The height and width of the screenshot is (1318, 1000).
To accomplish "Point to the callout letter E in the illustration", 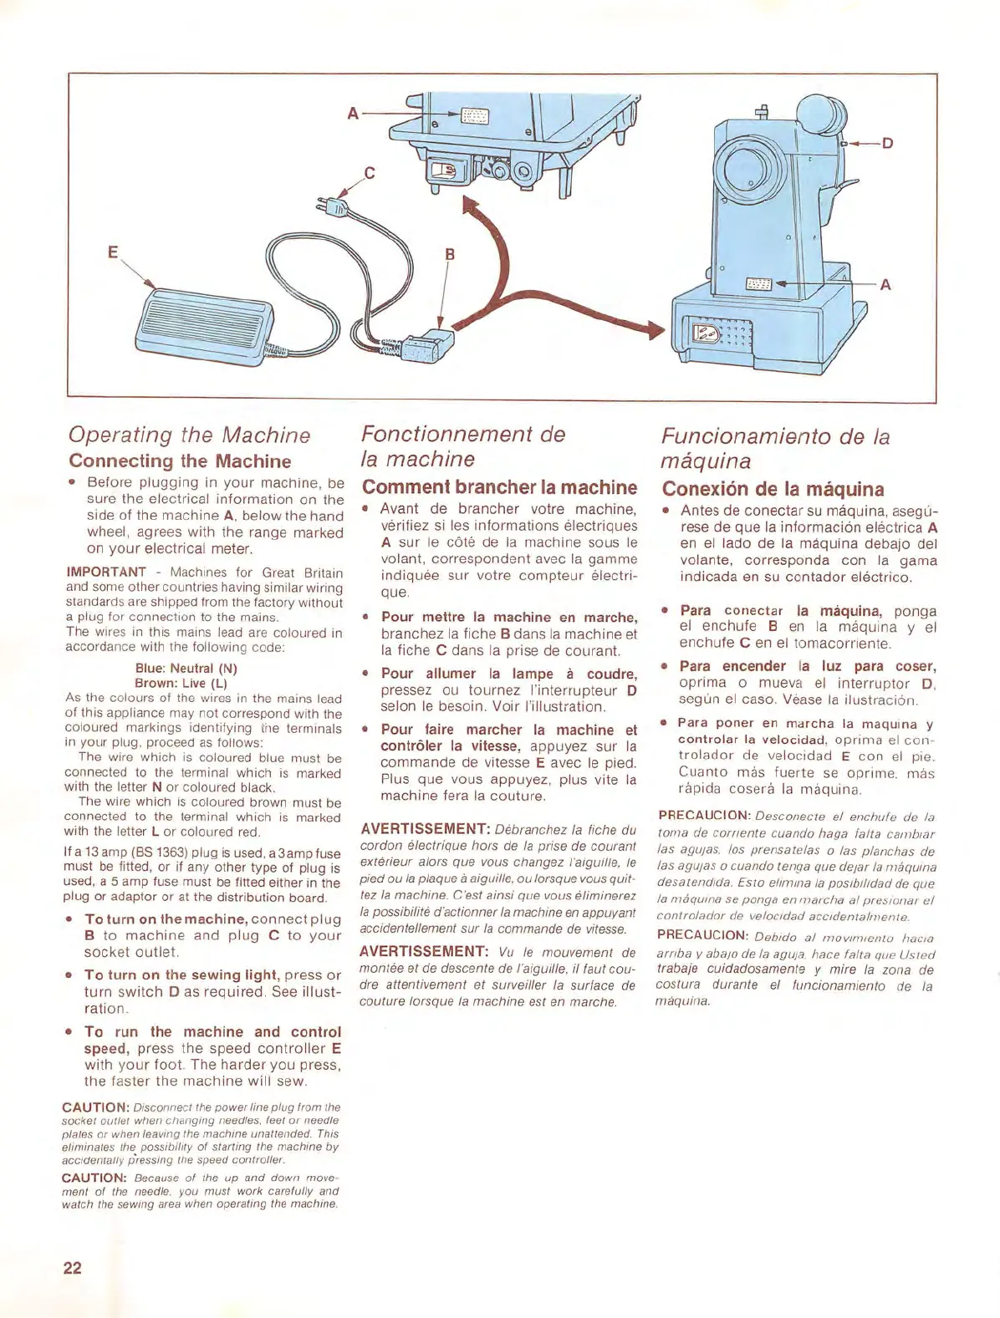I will (113, 251).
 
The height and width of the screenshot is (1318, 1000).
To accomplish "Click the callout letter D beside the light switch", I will (888, 143).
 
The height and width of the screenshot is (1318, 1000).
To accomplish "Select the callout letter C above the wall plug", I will (370, 174).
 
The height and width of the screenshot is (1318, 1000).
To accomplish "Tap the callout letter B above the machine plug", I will (450, 254).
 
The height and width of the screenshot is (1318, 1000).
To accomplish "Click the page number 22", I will (73, 1267).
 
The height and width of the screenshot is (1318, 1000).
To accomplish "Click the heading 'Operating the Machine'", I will (189, 435).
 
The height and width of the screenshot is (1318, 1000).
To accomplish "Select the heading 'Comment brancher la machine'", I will (499, 487).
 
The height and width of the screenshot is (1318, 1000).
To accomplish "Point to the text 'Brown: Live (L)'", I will (181, 683).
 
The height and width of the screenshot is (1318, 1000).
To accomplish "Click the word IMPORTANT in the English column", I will (106, 572).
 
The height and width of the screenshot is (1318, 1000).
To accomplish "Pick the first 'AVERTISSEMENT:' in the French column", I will (425, 829).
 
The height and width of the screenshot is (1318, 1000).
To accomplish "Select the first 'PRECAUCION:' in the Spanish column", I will (704, 815).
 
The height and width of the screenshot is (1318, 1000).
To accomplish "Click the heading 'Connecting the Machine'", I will (180, 461).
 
